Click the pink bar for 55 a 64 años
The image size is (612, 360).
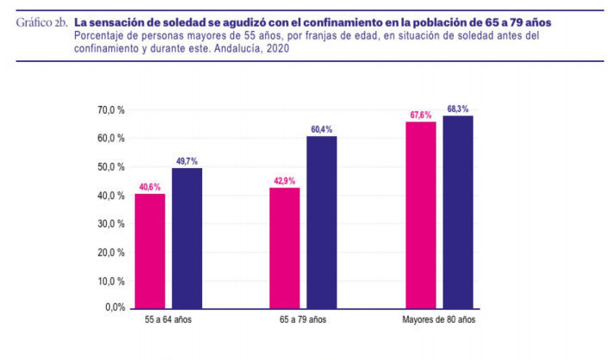pos(150,251)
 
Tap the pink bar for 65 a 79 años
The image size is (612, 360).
pos(284,247)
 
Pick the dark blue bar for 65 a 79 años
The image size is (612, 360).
pos(321,222)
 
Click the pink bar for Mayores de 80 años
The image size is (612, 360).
pos(420,214)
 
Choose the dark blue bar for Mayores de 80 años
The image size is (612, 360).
pos(458,212)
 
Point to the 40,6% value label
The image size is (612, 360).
pos(149,187)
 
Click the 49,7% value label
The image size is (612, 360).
pos(187,161)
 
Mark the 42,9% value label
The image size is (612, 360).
pos(284,181)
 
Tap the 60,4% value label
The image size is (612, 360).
pos(322,130)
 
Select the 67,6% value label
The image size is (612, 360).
pos(420,115)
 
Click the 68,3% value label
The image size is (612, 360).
pos(458,109)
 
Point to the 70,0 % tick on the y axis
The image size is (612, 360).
pos(112,111)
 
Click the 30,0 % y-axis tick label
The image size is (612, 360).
pos(112,223)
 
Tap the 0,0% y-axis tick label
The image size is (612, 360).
pos(114,307)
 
